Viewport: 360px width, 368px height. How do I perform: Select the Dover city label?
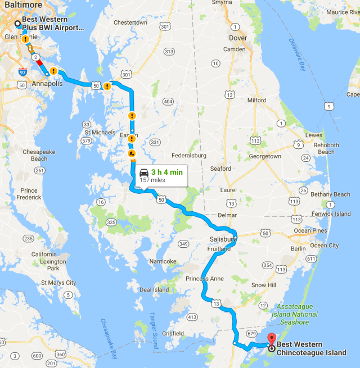pos(238,38)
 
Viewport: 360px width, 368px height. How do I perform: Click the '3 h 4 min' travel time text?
pos(167,172)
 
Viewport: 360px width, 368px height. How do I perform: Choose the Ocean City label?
pos(325,246)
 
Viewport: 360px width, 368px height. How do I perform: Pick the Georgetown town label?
pos(265,157)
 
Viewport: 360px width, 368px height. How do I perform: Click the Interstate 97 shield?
pos(22,73)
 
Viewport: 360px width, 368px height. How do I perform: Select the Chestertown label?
pos(130,22)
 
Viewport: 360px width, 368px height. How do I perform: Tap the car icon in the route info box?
pos(144,172)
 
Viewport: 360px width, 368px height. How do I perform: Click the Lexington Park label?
pos(44,265)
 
